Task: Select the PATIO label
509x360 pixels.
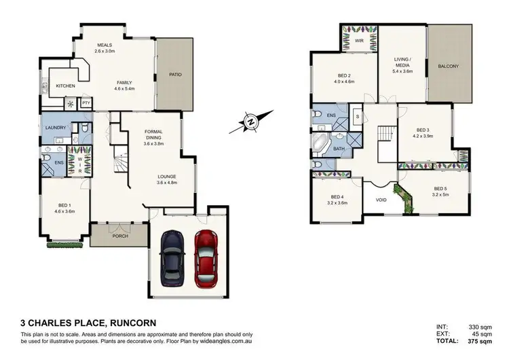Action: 175,75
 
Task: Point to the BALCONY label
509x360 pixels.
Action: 449,67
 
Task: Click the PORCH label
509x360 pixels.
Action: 119,237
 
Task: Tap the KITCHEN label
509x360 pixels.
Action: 66,86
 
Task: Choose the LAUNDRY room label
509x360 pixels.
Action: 54,128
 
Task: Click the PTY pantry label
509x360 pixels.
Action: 86,103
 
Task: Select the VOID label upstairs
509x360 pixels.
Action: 381,200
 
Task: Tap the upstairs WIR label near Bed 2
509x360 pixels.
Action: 360,41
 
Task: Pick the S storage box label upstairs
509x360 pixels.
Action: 357,117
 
